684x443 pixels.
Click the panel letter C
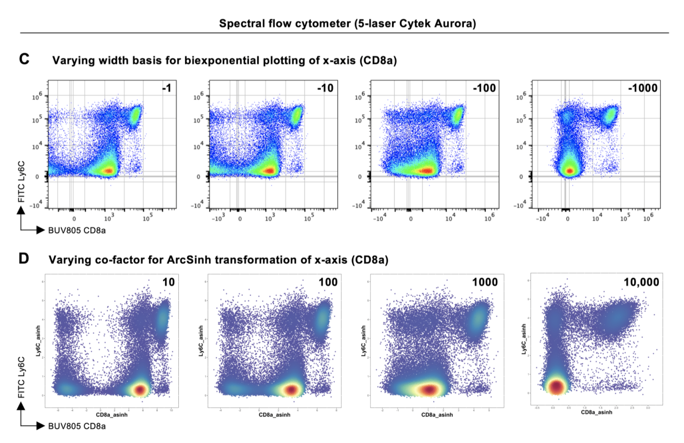pyautogui.click(x=24, y=59)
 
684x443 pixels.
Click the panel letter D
pyautogui.click(x=24, y=259)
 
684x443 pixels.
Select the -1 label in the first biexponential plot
pyautogui.click(x=167, y=88)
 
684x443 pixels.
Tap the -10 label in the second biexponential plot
pyautogui.click(x=325, y=88)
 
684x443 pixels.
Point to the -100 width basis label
pyautogui.click(x=485, y=88)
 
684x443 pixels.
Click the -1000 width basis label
pyautogui.click(x=643, y=88)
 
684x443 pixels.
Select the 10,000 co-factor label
pyautogui.click(x=641, y=282)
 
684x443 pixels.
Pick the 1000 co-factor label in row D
pyautogui.click(x=485, y=282)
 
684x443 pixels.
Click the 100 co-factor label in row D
pyautogui.click(x=328, y=282)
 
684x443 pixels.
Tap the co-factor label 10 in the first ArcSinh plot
pyautogui.click(x=169, y=282)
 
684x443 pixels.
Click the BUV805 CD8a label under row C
pyautogui.click(x=77, y=230)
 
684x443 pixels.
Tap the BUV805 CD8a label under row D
pyautogui.click(x=77, y=426)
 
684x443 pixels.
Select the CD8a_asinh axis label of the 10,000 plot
pyautogui.click(x=596, y=412)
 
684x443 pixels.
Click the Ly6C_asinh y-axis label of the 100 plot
pyautogui.click(x=201, y=341)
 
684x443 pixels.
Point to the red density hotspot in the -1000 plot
pyautogui.click(x=569, y=171)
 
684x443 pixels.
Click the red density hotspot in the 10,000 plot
pyautogui.click(x=556, y=387)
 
